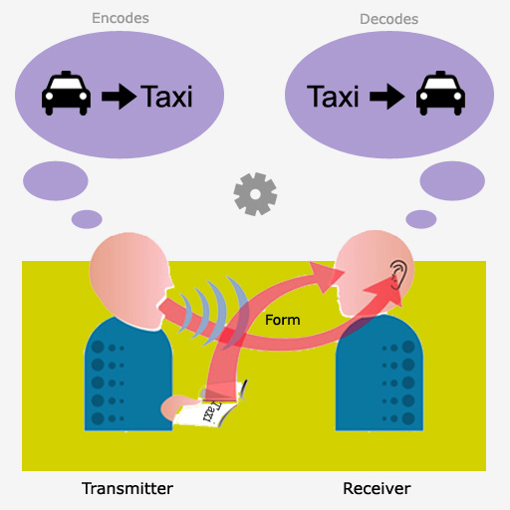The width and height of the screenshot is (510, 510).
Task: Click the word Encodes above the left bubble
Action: pyautogui.click(x=121, y=18)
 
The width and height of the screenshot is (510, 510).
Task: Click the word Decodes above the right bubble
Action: pyautogui.click(x=389, y=19)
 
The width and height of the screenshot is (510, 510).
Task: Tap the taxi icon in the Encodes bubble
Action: pyautogui.click(x=66, y=94)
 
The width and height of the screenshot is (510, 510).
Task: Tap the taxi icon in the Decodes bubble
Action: pyautogui.click(x=440, y=94)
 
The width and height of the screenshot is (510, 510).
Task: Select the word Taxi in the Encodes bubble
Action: pyautogui.click(x=166, y=97)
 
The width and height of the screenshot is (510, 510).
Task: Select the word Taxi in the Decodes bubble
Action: pyautogui.click(x=333, y=97)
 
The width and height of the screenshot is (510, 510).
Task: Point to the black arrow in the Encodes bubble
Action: pyautogui.click(x=119, y=97)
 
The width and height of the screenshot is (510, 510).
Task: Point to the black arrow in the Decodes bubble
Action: pyautogui.click(x=387, y=97)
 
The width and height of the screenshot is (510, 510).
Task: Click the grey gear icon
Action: pyautogui.click(x=255, y=194)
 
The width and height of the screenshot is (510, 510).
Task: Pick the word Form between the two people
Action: pyautogui.click(x=283, y=320)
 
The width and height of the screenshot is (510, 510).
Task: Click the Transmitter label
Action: pyautogui.click(x=127, y=488)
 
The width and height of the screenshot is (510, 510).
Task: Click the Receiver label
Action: pyautogui.click(x=377, y=488)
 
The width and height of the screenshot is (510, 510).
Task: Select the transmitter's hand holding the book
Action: pyautogui.click(x=179, y=406)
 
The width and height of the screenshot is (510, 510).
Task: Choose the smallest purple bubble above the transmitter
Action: pyautogui.click(x=87, y=219)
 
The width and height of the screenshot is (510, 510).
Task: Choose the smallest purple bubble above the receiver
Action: pyautogui.click(x=421, y=219)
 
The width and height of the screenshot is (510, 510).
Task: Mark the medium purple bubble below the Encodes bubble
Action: pyautogui.click(x=56, y=181)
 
